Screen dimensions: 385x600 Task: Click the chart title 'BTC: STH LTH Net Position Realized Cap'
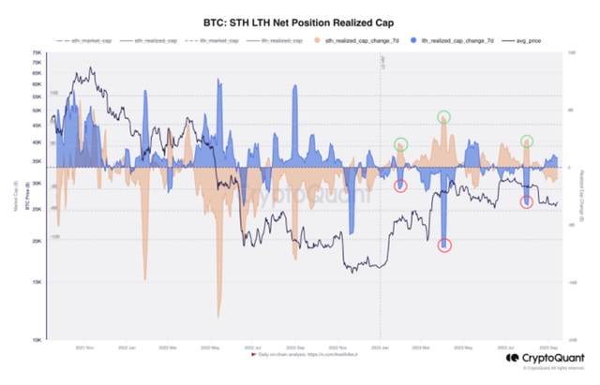[299, 20]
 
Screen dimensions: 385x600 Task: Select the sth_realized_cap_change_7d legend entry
[363, 42]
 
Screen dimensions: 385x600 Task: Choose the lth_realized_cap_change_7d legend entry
[451, 42]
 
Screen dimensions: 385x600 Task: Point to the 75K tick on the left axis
[37, 53]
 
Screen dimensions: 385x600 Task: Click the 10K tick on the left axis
[37, 340]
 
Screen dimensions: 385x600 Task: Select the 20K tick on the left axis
[37, 242]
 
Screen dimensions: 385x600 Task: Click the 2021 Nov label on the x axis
[90, 348]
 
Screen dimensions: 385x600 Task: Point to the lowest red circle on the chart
[443, 245]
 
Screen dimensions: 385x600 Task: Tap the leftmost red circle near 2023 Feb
[401, 186]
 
